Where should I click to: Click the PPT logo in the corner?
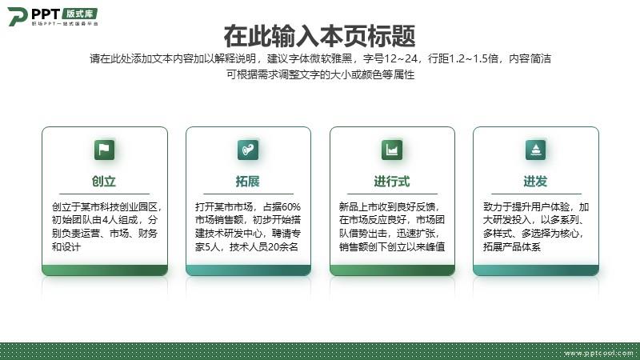point(53,16)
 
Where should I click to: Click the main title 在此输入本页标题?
point(319,36)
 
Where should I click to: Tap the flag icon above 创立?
point(105,150)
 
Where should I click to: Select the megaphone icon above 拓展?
point(248,150)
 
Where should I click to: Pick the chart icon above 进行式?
point(392,150)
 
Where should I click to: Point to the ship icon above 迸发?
point(535,150)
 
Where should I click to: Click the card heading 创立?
point(104,182)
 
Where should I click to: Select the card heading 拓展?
point(248,182)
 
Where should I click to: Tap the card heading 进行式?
point(392,182)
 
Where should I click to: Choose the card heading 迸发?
point(535,182)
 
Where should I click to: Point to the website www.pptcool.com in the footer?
point(598,353)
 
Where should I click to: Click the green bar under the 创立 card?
point(105,270)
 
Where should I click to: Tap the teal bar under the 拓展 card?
point(248,270)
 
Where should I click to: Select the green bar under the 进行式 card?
point(392,270)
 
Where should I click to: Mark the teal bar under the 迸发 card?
point(536,270)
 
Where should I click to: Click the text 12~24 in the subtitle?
point(401,58)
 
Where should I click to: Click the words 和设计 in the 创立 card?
point(66,247)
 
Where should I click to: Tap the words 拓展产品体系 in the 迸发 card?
point(512,247)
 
